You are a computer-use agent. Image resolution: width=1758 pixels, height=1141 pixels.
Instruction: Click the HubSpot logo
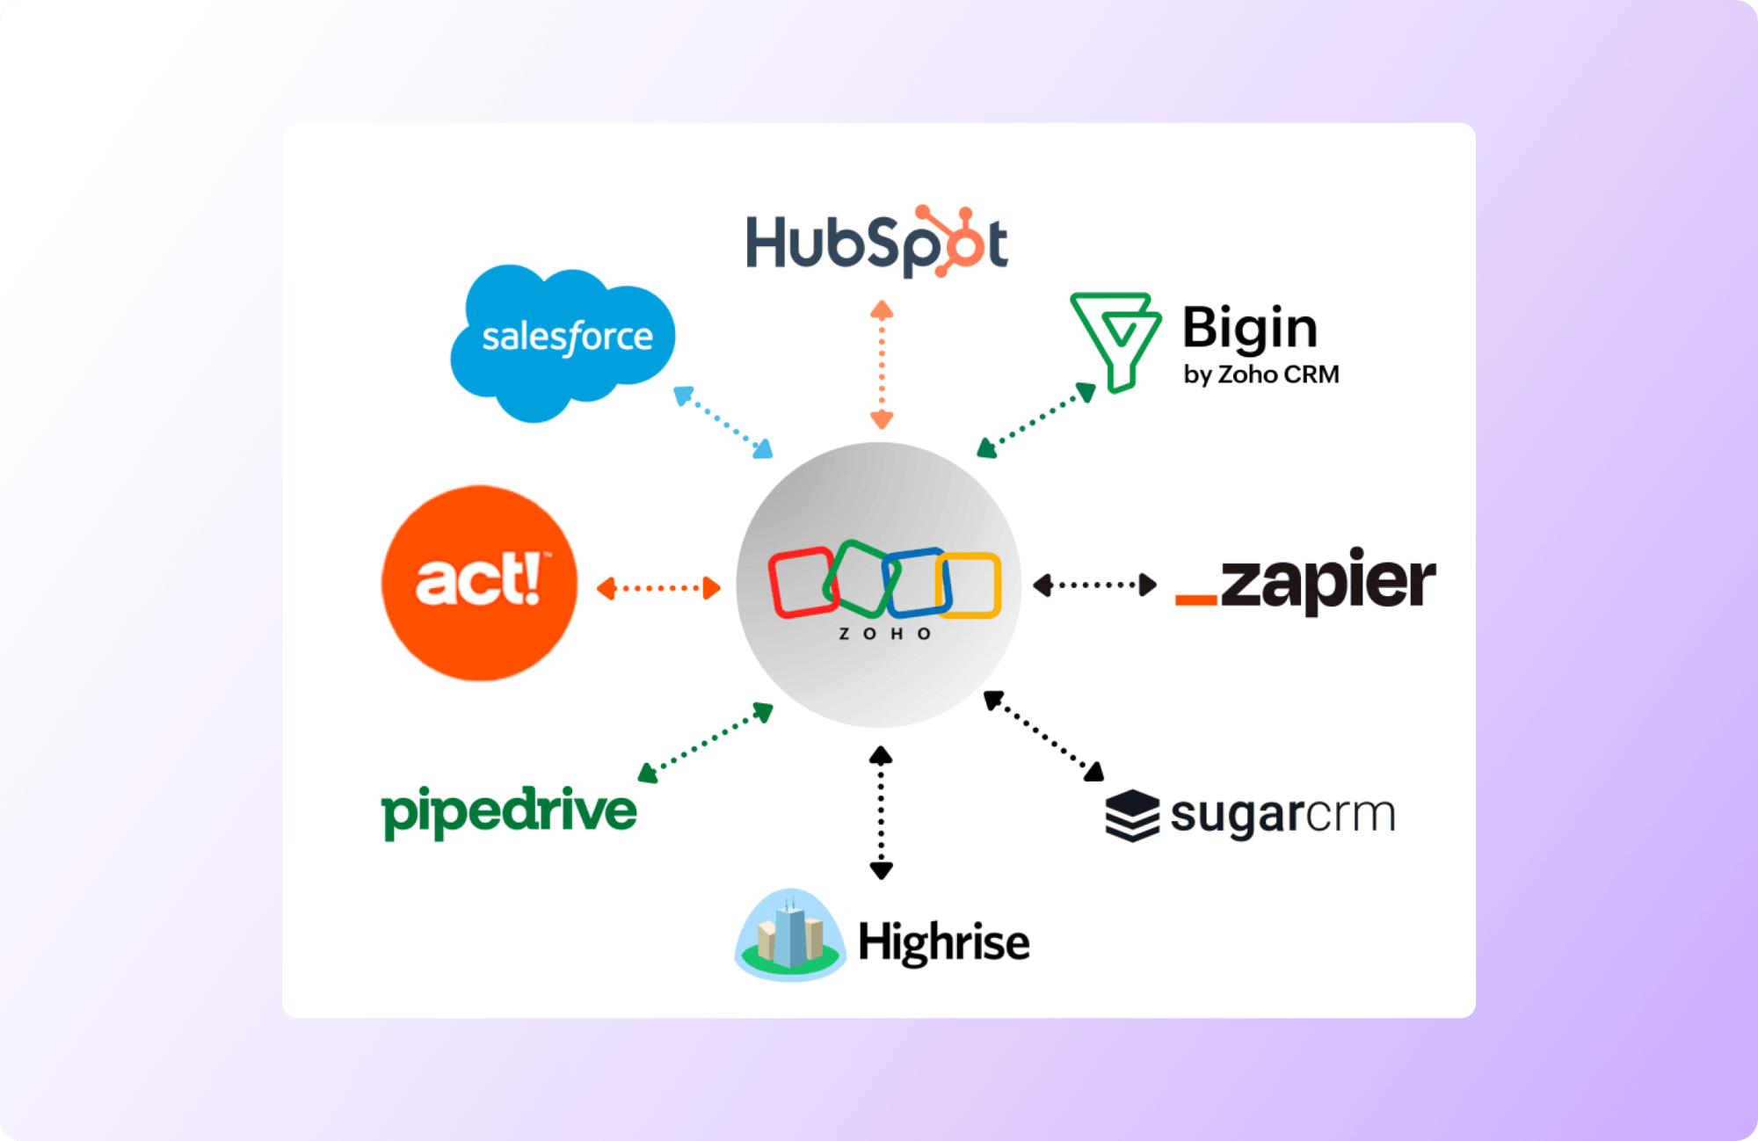pyautogui.click(x=876, y=243)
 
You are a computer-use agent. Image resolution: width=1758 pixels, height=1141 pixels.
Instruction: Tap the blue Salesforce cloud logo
pyautogui.click(x=563, y=341)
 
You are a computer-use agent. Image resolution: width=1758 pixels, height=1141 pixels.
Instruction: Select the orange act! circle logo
pyautogui.click(x=480, y=583)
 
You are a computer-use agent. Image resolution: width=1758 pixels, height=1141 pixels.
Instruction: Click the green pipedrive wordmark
pyautogui.click(x=509, y=811)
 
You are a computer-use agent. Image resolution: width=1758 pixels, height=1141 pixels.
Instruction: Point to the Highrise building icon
pyautogui.click(x=789, y=935)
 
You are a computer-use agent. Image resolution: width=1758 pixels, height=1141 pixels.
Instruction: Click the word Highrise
pyautogui.click(x=943, y=942)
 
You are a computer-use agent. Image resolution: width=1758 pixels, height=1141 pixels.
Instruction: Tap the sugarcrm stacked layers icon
pyautogui.click(x=1132, y=815)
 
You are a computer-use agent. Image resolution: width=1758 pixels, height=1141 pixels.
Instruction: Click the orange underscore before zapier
pyautogui.click(x=1195, y=600)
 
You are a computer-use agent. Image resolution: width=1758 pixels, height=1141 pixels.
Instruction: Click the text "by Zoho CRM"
pyautogui.click(x=1260, y=374)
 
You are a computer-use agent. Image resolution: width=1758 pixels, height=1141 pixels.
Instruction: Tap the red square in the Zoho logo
pyautogui.click(x=801, y=581)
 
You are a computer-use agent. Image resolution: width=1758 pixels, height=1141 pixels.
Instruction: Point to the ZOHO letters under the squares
pyautogui.click(x=884, y=634)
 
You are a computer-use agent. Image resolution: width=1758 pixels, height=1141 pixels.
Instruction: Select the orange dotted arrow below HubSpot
pyautogui.click(x=882, y=364)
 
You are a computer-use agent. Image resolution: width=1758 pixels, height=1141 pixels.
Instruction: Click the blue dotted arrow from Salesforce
pyautogui.click(x=723, y=422)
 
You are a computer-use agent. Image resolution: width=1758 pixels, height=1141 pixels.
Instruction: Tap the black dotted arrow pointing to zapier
pyautogui.click(x=1094, y=585)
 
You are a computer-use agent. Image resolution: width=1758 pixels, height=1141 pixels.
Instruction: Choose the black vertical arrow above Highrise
pyautogui.click(x=881, y=812)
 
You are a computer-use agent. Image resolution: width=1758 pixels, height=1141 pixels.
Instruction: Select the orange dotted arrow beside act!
pyautogui.click(x=658, y=588)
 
